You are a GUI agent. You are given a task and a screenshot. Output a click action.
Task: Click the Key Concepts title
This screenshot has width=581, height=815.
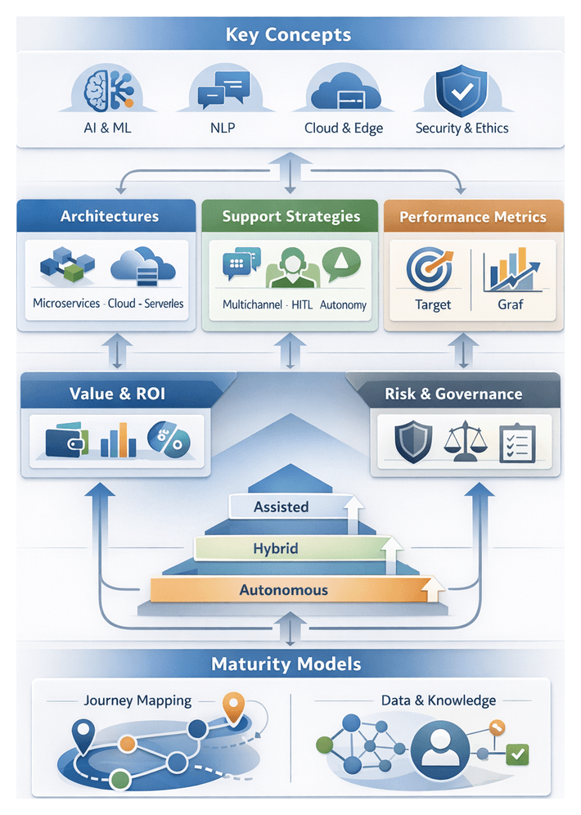pyautogui.click(x=289, y=35)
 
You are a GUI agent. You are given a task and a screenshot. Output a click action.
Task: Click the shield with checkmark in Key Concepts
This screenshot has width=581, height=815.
pyautogui.click(x=461, y=92)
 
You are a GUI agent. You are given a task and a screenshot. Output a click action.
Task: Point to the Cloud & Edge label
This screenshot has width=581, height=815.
pyautogui.click(x=344, y=128)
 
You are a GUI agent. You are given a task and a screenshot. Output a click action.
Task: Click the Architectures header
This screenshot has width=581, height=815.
pyautogui.click(x=109, y=217)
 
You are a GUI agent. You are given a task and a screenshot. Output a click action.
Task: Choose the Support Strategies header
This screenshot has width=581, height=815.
pyautogui.click(x=290, y=217)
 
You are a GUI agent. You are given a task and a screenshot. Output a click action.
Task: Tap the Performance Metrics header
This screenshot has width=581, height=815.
pyautogui.click(x=472, y=218)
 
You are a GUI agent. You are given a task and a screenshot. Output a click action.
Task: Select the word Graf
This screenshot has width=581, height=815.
pyautogui.click(x=510, y=304)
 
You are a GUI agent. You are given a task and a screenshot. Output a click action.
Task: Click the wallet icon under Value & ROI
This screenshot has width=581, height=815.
pyautogui.click(x=66, y=439)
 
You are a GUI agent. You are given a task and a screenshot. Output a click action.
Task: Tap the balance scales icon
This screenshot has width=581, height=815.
pyautogui.click(x=464, y=441)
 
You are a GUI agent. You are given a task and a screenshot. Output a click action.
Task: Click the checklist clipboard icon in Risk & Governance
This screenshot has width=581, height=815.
pyautogui.click(x=517, y=442)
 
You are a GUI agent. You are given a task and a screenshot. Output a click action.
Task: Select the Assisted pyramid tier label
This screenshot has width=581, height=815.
pyautogui.click(x=281, y=507)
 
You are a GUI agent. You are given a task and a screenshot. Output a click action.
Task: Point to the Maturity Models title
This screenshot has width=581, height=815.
pyautogui.click(x=286, y=663)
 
